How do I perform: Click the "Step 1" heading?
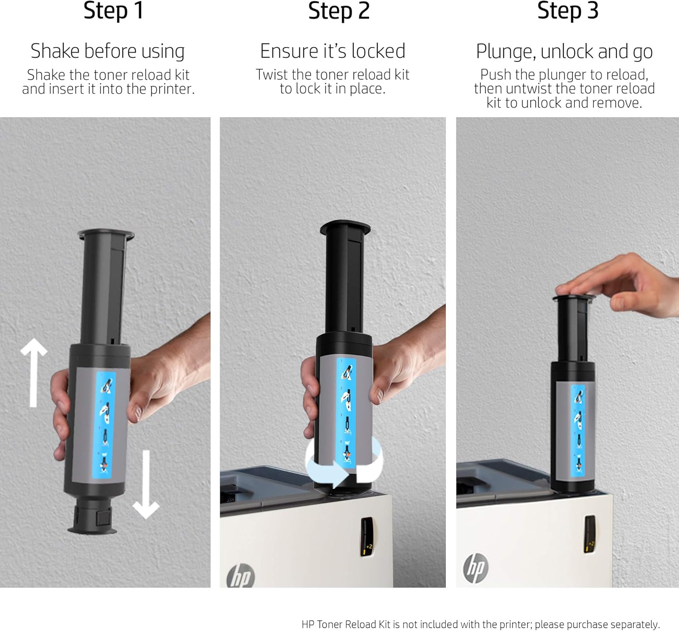click(114, 10)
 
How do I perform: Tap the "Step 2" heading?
click(339, 10)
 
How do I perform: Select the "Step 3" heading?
click(568, 10)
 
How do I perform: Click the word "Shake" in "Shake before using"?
click(55, 51)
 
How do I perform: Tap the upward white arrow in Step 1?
click(33, 372)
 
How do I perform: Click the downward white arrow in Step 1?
click(146, 484)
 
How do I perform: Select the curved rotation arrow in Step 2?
click(344, 462)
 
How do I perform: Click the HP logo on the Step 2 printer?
click(241, 576)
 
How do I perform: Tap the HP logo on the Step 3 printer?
click(476, 568)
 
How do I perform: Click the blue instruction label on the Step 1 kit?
click(104, 425)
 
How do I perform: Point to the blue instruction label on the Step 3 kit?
click(578, 431)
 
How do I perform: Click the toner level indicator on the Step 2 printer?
click(367, 537)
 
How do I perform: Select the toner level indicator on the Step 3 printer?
click(590, 534)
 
